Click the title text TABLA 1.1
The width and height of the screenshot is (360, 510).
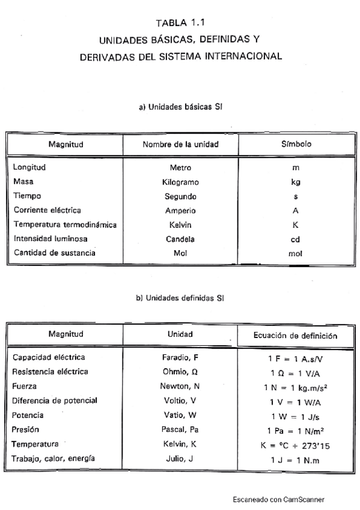(180, 24)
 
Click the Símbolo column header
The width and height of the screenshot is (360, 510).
(296, 144)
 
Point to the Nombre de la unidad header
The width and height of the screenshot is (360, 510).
(180, 144)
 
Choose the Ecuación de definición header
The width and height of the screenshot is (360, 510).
(296, 335)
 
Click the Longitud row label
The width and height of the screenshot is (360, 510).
(29, 167)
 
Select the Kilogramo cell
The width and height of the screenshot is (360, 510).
(180, 182)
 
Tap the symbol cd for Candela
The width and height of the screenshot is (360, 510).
(296, 239)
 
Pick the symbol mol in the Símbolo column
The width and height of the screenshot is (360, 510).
(296, 254)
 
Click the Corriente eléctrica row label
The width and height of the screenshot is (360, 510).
(47, 210)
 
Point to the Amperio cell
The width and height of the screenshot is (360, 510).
(180, 210)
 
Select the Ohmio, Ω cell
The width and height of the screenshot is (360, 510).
(180, 372)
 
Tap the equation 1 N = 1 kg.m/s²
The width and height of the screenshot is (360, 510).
(296, 387)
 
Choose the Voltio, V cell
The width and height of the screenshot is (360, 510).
(180, 401)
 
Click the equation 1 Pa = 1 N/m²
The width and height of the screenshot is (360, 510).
(296, 431)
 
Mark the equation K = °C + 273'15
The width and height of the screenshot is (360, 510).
(296, 446)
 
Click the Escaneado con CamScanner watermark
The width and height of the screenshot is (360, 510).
(279, 499)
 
